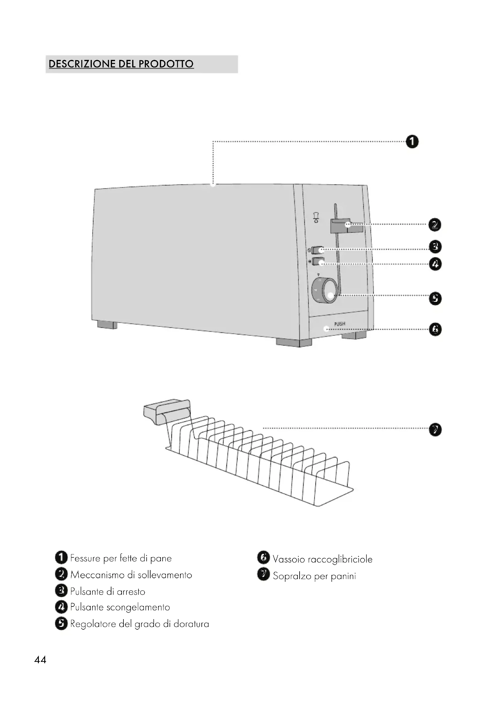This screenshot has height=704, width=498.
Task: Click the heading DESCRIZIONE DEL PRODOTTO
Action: pos(121,64)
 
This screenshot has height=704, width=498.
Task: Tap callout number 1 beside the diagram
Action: pos(412,142)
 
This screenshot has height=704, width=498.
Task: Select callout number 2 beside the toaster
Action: pos(434,225)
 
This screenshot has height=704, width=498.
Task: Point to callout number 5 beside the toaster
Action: pos(435,298)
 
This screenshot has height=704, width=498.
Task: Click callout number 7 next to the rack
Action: pos(435,430)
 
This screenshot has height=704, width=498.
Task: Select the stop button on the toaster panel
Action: pos(318,250)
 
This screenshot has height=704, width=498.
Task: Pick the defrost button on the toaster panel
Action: pos(318,262)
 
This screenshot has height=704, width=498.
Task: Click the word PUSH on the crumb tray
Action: pos(339,324)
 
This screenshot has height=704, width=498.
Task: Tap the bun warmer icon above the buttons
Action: pos(316,217)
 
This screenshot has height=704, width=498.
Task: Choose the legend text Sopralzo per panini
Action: pos(314,576)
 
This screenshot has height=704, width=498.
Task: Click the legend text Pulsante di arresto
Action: pos(107,591)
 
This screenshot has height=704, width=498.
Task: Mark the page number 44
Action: pos(40,659)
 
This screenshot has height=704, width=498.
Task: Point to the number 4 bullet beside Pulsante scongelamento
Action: pos(61,607)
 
